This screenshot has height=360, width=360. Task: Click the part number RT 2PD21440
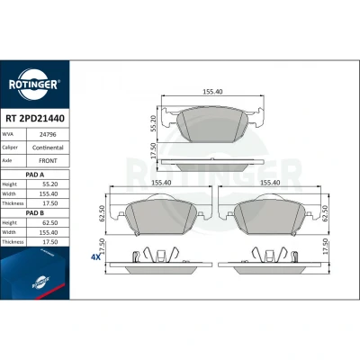[x=35, y=119]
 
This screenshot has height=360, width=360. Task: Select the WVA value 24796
[x=48, y=135]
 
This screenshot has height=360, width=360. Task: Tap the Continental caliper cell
[x=48, y=148]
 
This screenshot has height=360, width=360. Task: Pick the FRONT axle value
[x=48, y=161]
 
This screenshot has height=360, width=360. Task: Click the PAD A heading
[x=35, y=175]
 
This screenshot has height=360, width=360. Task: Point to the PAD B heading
[x=35, y=213]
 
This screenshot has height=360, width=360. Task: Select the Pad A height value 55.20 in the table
[x=49, y=184]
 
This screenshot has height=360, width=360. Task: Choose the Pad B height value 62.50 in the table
[x=49, y=223]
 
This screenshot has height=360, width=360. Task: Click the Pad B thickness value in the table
[x=49, y=242]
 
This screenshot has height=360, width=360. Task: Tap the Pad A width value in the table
[x=49, y=194]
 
